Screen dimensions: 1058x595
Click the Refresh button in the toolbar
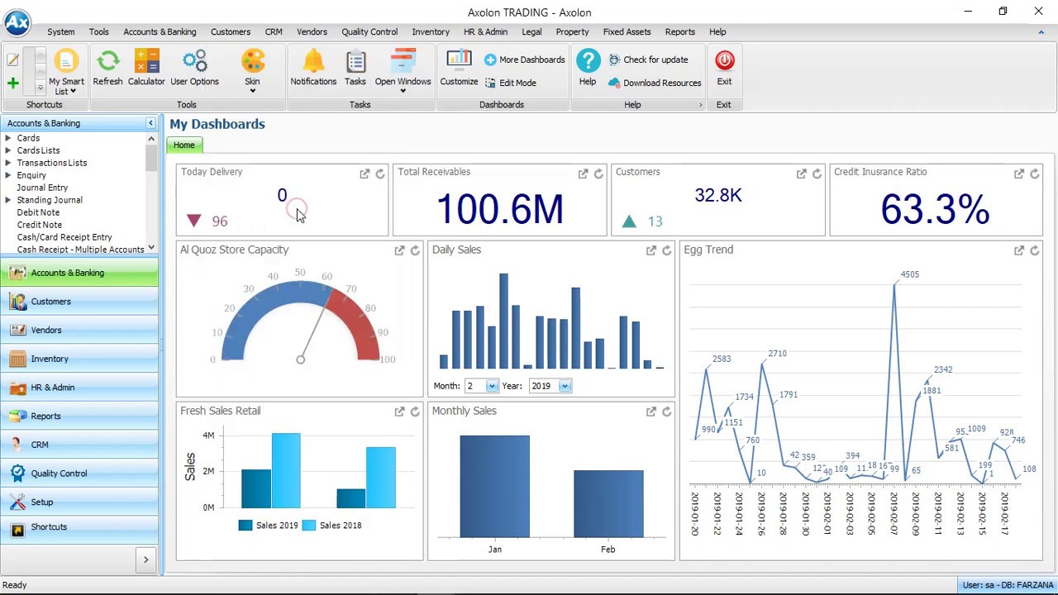(107, 68)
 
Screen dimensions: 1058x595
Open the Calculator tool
(146, 68)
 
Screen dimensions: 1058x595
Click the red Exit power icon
(724, 60)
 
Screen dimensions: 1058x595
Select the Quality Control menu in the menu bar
(369, 31)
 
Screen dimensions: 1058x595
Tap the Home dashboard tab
(184, 145)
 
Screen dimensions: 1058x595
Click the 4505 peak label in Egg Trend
(910, 274)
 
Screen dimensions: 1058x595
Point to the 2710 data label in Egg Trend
(778, 353)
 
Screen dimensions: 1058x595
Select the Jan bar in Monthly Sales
(494, 487)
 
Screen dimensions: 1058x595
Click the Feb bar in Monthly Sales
(608, 504)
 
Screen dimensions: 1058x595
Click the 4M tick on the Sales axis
(208, 436)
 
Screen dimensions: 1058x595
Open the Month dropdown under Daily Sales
(492, 386)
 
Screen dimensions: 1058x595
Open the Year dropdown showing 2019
(565, 386)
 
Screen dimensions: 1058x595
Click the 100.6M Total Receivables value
(500, 209)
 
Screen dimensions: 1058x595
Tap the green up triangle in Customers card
(629, 221)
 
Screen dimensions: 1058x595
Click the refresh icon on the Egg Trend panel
(1034, 250)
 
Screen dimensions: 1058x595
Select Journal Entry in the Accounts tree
(42, 188)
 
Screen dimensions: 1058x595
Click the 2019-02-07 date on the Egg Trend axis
(894, 513)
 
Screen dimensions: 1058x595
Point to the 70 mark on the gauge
(351, 288)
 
